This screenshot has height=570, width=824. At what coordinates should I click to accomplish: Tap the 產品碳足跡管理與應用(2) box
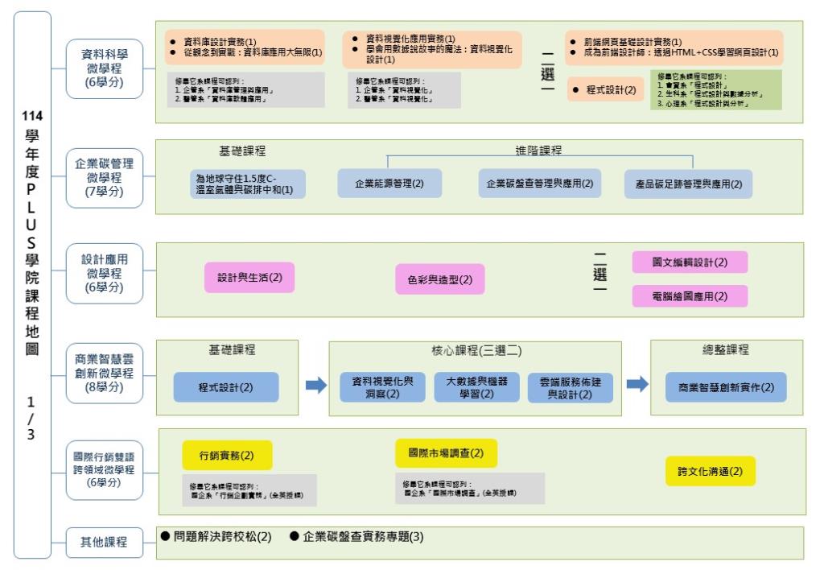688,184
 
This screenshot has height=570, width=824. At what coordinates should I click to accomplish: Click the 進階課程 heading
538,151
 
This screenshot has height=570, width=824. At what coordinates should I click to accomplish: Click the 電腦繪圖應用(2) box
690,295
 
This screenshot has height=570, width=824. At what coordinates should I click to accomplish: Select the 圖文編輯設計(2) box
690,262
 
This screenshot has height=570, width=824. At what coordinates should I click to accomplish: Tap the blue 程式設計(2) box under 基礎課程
225,386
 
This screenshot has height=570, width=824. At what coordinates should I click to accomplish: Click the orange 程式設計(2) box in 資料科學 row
604,90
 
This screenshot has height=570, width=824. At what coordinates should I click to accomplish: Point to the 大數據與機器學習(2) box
476,386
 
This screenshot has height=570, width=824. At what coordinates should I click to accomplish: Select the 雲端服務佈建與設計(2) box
571,387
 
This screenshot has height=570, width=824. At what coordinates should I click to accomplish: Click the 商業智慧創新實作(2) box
720,387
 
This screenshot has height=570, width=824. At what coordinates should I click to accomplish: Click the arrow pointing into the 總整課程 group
637,386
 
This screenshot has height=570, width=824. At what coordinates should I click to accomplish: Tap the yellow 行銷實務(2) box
227,455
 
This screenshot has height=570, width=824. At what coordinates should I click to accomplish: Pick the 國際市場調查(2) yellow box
447,453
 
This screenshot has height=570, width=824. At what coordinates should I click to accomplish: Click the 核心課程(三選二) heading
476,351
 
